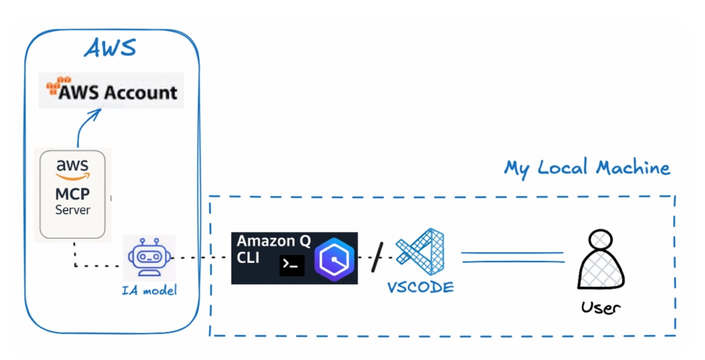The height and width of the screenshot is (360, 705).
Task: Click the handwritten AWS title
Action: coord(110,48)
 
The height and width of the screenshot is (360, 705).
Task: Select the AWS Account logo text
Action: coord(118,91)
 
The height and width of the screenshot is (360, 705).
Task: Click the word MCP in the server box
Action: coord(73,194)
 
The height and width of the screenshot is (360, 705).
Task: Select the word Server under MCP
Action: coord(73,209)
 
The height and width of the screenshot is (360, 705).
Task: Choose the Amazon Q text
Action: coord(274,242)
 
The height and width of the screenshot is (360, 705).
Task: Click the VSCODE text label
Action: coord(420,287)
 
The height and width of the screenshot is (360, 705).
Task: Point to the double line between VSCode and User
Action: coord(512,257)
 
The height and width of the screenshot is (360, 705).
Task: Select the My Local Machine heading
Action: coord(587,168)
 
